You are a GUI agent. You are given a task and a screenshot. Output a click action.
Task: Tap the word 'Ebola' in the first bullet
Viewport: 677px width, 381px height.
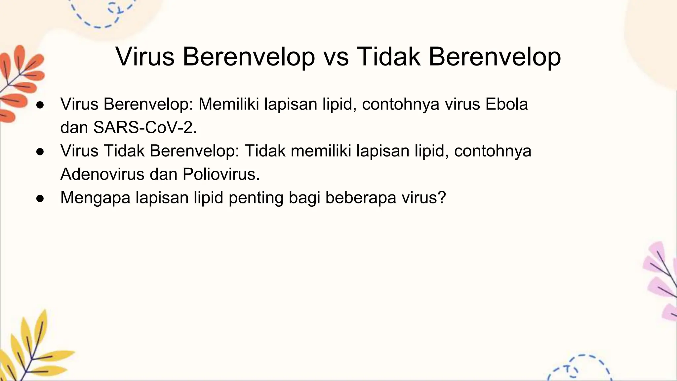tap(506, 104)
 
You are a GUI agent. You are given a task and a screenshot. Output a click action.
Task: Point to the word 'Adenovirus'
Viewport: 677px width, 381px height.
tap(102, 174)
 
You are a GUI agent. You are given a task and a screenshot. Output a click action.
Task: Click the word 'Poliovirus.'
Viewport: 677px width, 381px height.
tap(221, 174)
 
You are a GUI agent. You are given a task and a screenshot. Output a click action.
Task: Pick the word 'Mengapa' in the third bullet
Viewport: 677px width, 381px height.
tap(95, 198)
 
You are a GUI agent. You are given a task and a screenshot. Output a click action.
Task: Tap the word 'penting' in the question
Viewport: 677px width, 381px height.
tap(256, 198)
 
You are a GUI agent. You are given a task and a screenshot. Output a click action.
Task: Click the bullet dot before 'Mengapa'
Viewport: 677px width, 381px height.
tap(40, 198)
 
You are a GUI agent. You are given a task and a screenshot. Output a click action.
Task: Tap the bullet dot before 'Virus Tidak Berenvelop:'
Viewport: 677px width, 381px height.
tap(40, 152)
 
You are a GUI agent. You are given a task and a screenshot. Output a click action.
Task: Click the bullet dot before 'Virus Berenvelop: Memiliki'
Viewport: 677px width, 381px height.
tap(40, 105)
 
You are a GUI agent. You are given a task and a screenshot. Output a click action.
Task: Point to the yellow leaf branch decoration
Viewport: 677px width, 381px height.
tap(30, 351)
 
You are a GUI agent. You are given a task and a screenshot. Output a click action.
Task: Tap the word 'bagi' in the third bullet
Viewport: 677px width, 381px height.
tap(304, 198)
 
